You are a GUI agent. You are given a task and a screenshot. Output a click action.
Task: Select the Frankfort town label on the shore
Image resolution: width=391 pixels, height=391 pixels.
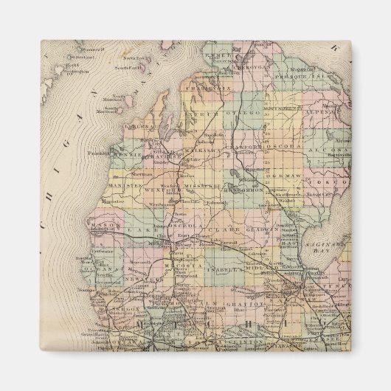(101, 153)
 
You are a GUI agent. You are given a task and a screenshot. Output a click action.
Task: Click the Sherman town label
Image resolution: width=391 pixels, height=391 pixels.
(143, 174)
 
